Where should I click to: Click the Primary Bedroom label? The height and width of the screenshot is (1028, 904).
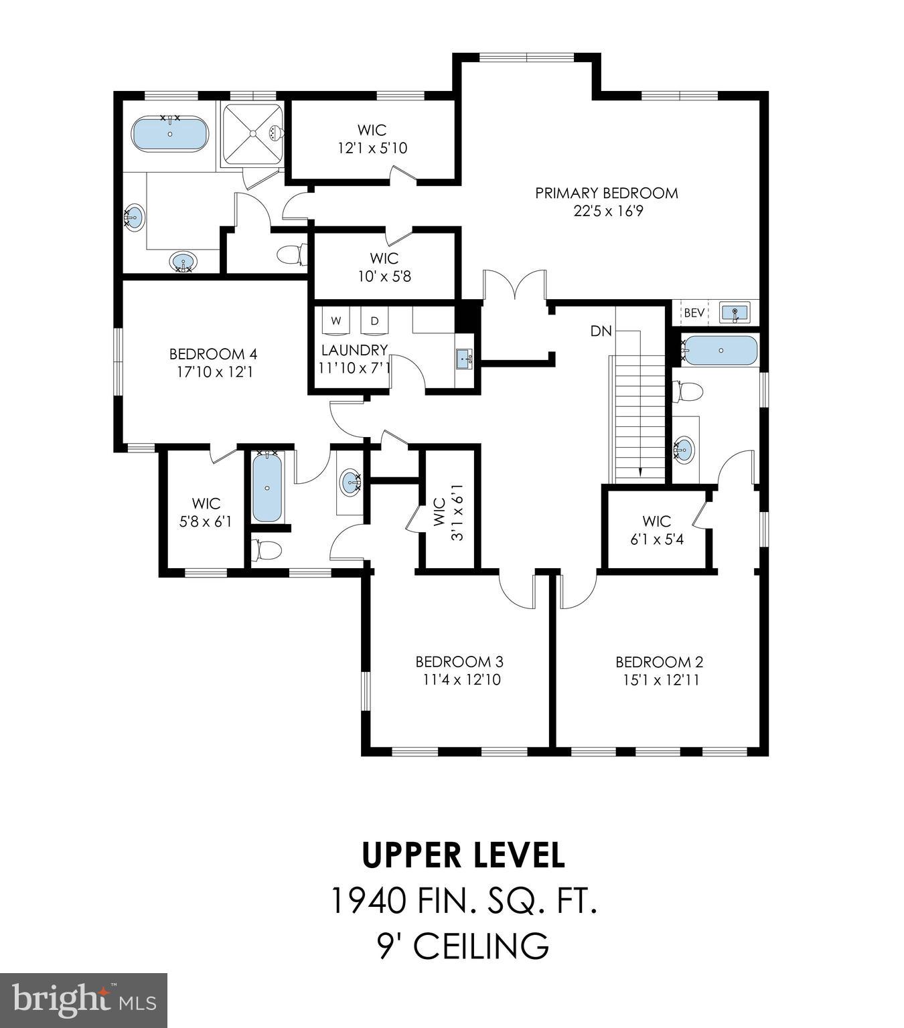point(606,193)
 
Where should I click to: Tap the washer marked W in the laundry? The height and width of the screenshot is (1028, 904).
point(336,321)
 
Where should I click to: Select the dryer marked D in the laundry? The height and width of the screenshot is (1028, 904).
point(374,321)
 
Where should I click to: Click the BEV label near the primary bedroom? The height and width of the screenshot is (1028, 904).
point(694,313)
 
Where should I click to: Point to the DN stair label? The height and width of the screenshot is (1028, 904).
point(601,331)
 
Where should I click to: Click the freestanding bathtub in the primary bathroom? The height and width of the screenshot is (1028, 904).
point(170,134)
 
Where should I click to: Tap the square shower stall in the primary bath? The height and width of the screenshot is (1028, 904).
point(252,133)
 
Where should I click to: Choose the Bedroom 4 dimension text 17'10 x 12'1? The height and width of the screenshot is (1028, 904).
point(214,372)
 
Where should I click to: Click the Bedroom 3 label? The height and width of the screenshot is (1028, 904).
point(459,662)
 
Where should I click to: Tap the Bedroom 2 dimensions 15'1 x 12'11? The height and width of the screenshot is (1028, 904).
point(659,681)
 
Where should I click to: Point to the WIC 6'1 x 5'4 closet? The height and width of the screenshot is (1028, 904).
point(656,530)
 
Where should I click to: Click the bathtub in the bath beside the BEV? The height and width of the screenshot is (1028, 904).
point(721,351)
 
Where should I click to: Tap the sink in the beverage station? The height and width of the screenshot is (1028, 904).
point(735,313)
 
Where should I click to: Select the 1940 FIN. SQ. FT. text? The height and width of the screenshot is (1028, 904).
point(463,900)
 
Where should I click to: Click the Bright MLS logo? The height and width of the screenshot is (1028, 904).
point(84,1000)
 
